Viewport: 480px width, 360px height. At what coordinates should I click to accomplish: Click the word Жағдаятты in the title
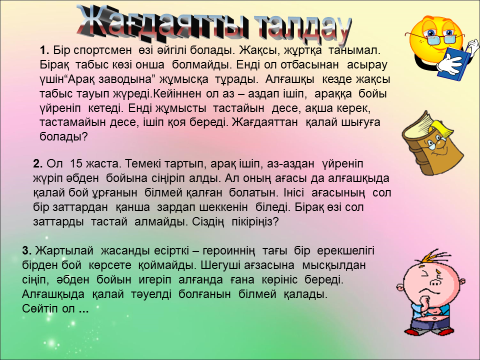pyautogui.click(x=162, y=24)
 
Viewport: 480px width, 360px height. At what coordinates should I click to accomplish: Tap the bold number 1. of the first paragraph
pyautogui.click(x=44, y=50)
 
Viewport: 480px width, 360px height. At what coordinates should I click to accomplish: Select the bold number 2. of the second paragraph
pyautogui.click(x=37, y=164)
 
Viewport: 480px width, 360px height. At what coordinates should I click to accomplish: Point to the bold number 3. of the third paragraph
pyautogui.click(x=27, y=250)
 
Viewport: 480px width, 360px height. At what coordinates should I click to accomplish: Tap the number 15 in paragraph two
pyautogui.click(x=76, y=164)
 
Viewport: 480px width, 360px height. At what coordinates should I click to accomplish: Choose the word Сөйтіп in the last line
pyautogui.click(x=40, y=308)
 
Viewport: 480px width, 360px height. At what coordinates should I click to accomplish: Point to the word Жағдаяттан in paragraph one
pyautogui.click(x=265, y=122)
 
